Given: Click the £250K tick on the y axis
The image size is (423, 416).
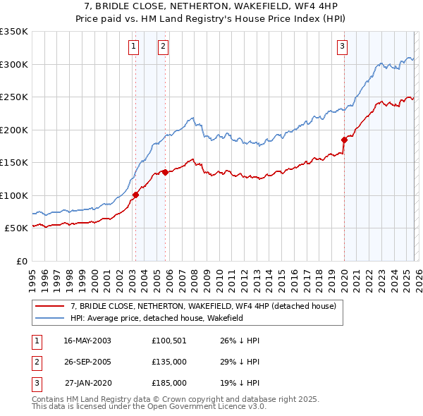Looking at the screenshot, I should [x=14, y=97].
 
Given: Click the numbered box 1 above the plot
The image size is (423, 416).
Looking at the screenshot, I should [x=133, y=47].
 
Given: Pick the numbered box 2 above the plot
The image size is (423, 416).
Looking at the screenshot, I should [x=163, y=47].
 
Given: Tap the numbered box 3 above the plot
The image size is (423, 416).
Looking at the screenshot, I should [x=342, y=47].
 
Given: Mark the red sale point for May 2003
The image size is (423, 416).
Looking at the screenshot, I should [x=135, y=195].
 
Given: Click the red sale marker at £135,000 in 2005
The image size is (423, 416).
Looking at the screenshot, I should [x=165, y=172].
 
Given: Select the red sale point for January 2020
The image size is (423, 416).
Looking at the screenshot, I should [x=344, y=140].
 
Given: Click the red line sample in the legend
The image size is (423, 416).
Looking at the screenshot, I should [x=50, y=306].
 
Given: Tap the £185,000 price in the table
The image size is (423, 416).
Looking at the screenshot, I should [x=169, y=383].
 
